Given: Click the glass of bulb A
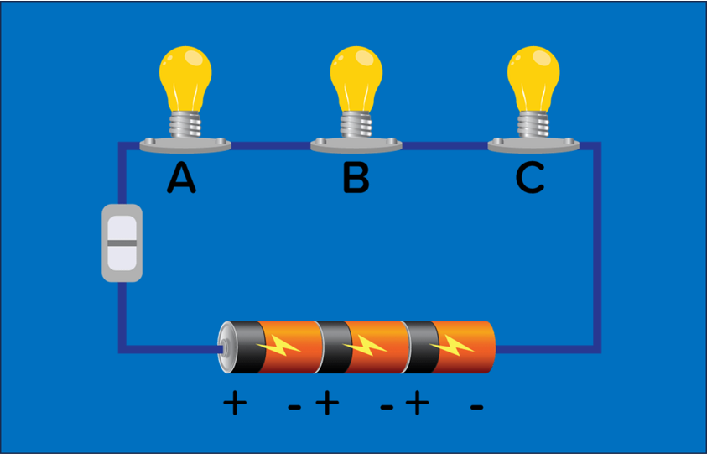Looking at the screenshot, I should coord(185,76).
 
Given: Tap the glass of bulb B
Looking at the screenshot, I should coord(356,76).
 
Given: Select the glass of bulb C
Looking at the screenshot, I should coord(534,76).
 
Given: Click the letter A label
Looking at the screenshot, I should coord(182,178).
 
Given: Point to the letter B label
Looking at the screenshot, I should coord(356,178).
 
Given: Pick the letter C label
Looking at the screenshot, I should coord(530,178).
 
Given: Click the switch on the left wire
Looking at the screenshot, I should coord(122,243).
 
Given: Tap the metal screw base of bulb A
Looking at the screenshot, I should coord(185,125).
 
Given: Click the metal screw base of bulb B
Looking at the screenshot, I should coord(356,125).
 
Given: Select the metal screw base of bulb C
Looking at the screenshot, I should coord(534,125).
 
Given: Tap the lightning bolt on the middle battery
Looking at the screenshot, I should coord(365,345).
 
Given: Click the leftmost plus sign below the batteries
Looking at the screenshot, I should coord(236,405).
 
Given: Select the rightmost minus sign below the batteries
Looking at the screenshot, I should coord(476,407).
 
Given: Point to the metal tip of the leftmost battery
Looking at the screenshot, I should coord(223,347).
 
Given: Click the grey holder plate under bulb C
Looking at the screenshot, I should coord(533,146).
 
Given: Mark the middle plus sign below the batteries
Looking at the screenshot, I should coord(327,405).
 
